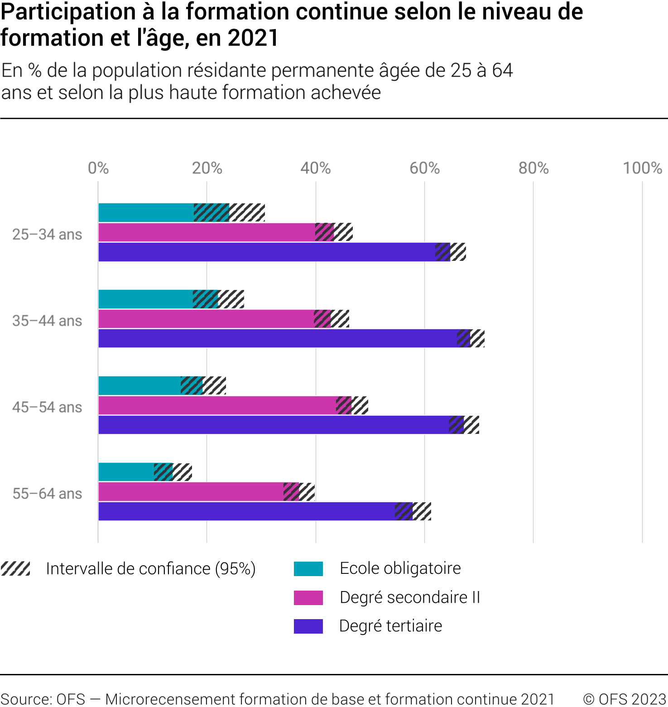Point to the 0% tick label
pos(98,168)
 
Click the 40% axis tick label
pos(316,168)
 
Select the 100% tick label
pos(642,168)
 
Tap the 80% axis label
pos(533,168)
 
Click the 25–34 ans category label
pos(47,235)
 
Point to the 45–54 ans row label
pos(47,407)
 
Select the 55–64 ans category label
pos(47,494)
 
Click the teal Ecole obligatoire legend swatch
pos(308,568)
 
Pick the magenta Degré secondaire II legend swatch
pos(308,597)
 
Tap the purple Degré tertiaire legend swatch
pos(308,626)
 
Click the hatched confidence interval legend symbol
pos(15,568)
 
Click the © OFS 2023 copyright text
pos(625,699)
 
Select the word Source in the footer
pos(24,699)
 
